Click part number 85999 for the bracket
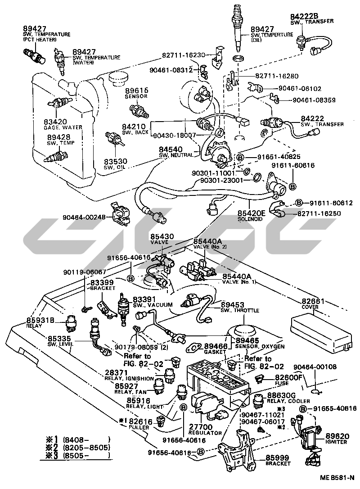tap(278, 457)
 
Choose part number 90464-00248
tap(84, 217)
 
